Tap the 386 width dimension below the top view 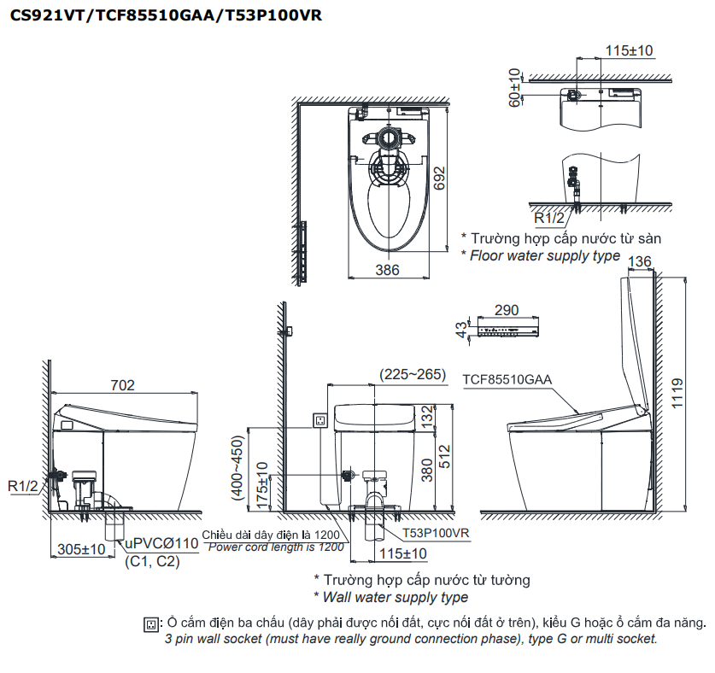(x=388, y=270)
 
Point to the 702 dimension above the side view (x=123, y=385)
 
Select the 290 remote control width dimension (x=506, y=310)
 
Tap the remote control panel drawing (x=507, y=331)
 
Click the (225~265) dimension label (x=413, y=373)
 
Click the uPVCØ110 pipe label (x=162, y=544)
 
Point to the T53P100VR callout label (x=438, y=533)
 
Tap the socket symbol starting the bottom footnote (x=152, y=624)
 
